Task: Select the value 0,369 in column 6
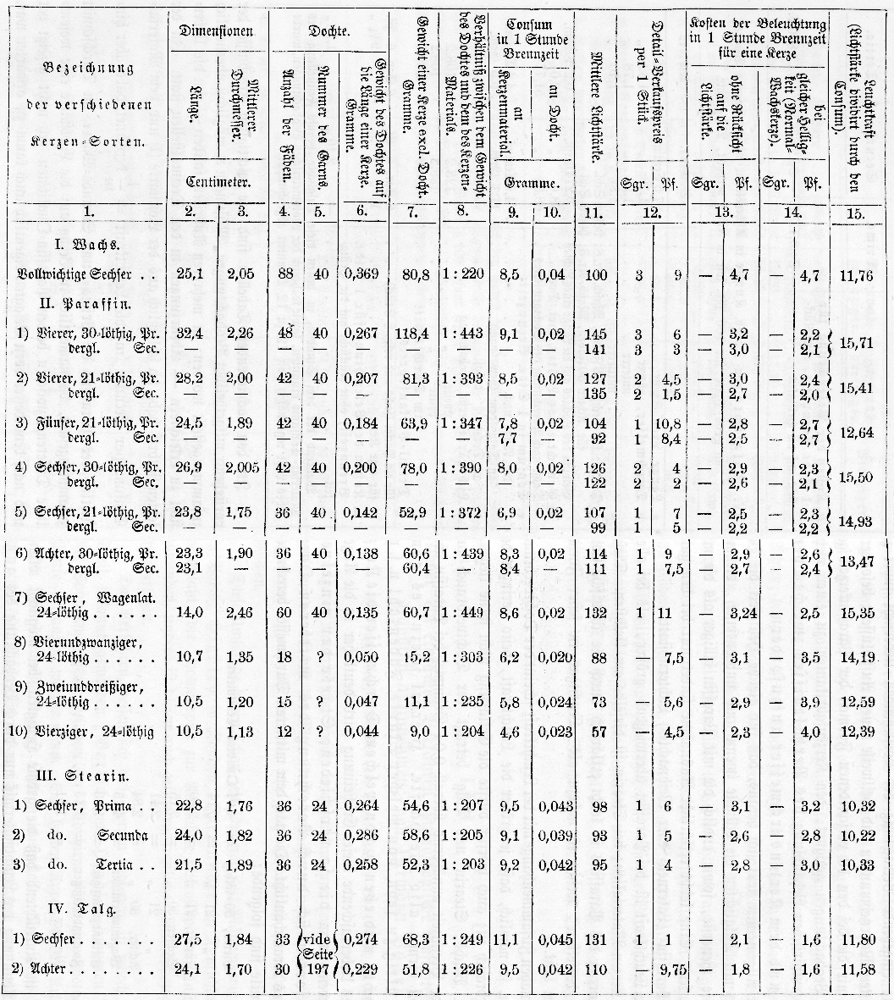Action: [x=361, y=274]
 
